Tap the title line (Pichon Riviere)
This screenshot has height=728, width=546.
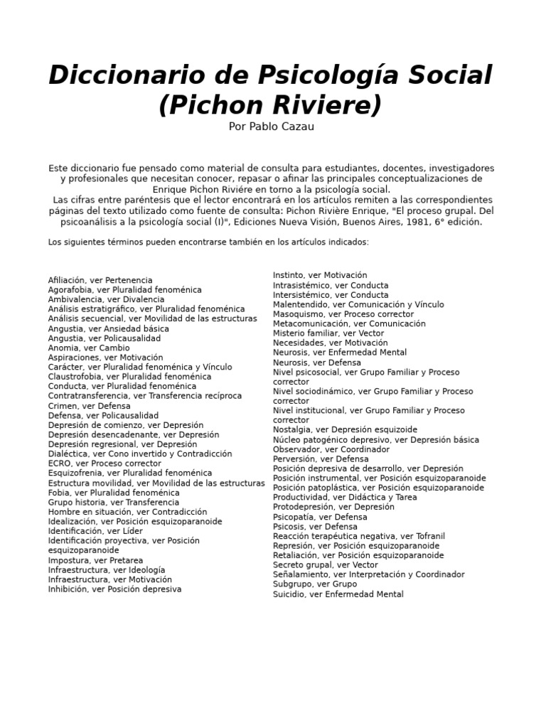tap(270, 105)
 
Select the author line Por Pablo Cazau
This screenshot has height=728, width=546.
tap(271, 127)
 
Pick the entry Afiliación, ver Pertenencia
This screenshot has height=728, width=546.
tap(100, 280)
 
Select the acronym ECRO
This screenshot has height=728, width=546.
tap(60, 464)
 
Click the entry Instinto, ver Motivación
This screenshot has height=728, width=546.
tap(320, 275)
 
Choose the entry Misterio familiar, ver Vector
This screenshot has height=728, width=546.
tap(328, 333)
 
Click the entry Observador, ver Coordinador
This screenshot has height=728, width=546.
tap(331, 449)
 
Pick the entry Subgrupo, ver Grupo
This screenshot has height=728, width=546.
tap(315, 584)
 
